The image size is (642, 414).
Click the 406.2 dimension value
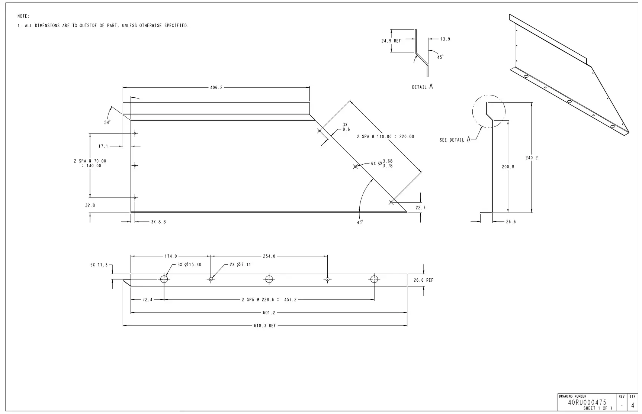[x=216, y=88]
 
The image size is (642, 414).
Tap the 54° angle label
[x=107, y=122]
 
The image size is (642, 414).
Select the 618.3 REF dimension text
[x=265, y=326]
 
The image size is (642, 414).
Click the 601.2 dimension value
[x=269, y=313]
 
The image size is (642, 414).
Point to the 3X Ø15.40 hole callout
[x=189, y=265]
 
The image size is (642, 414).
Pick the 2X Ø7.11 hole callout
[x=240, y=265]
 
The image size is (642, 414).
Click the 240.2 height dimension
[x=532, y=158]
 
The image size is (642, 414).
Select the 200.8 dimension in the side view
[x=508, y=167]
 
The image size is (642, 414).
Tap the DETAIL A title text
[x=422, y=87]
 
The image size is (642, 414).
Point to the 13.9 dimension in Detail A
[x=445, y=39]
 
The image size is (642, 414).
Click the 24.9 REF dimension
[x=391, y=41]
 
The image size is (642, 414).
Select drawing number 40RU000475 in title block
[x=587, y=402]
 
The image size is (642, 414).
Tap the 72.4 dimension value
[x=147, y=300]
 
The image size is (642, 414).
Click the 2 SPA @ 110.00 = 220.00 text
[x=385, y=137]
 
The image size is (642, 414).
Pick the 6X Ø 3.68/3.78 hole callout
[x=382, y=164]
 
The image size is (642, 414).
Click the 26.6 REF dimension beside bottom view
[x=423, y=280]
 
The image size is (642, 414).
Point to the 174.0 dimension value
[x=171, y=256]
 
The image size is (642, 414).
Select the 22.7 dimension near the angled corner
[x=420, y=208]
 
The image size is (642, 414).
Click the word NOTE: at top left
[x=23, y=16]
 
